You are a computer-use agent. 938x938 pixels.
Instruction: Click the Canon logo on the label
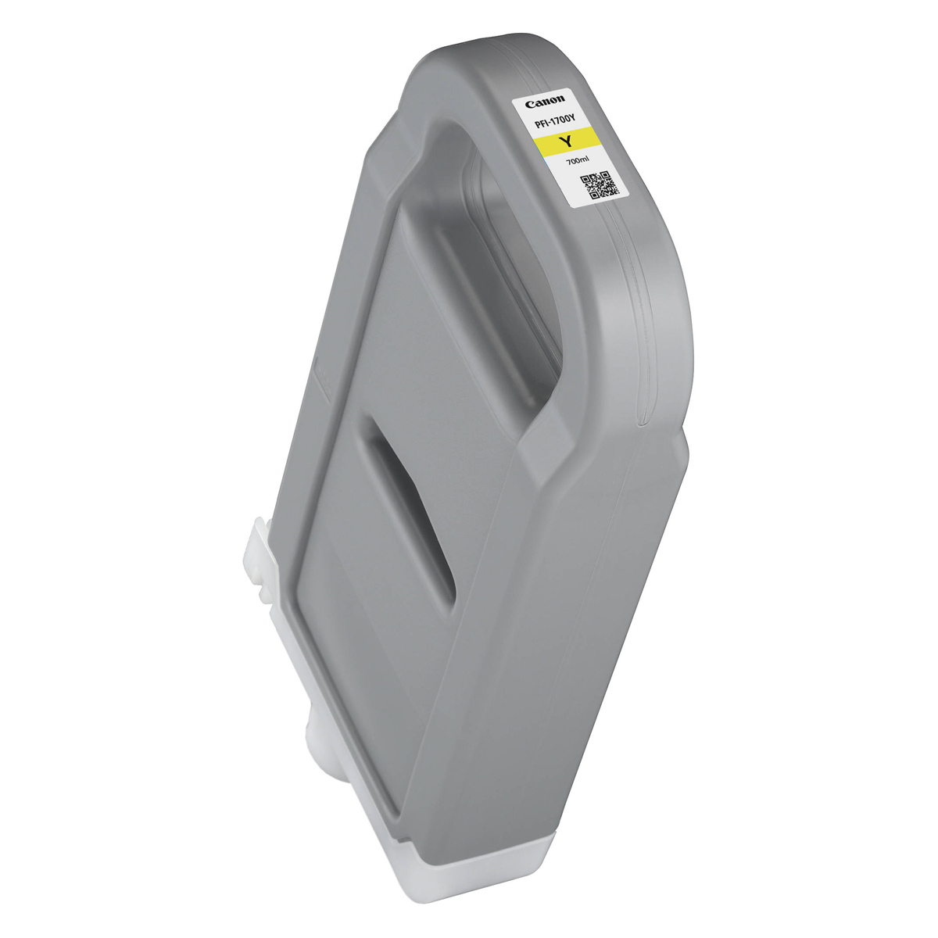pyautogui.click(x=545, y=102)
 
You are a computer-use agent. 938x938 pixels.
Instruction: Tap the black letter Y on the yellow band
pyautogui.click(x=566, y=142)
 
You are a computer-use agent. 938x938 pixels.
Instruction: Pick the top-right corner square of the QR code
pyautogui.click(x=606, y=175)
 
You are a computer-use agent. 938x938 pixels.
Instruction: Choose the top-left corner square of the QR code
pyautogui.click(x=587, y=180)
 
